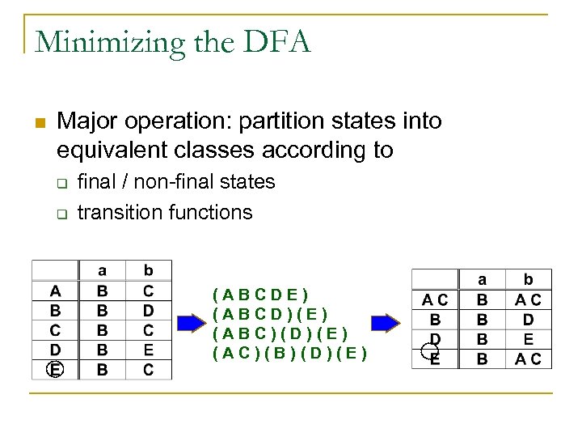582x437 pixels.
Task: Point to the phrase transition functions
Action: (x=165, y=213)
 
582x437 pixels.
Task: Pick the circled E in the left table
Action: (x=54, y=370)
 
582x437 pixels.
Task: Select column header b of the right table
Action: (x=528, y=280)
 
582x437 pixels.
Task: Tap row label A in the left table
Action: (x=54, y=291)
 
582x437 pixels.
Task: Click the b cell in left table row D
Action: (x=148, y=350)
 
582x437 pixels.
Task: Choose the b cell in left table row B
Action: (x=148, y=310)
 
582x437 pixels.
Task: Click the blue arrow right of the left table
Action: (x=192, y=323)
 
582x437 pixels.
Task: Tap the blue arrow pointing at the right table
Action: (x=386, y=323)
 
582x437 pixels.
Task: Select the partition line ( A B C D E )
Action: (x=260, y=295)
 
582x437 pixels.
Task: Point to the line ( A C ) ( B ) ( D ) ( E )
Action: (x=289, y=353)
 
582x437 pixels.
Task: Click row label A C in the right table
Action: (x=435, y=300)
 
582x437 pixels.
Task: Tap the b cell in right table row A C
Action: (x=528, y=300)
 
